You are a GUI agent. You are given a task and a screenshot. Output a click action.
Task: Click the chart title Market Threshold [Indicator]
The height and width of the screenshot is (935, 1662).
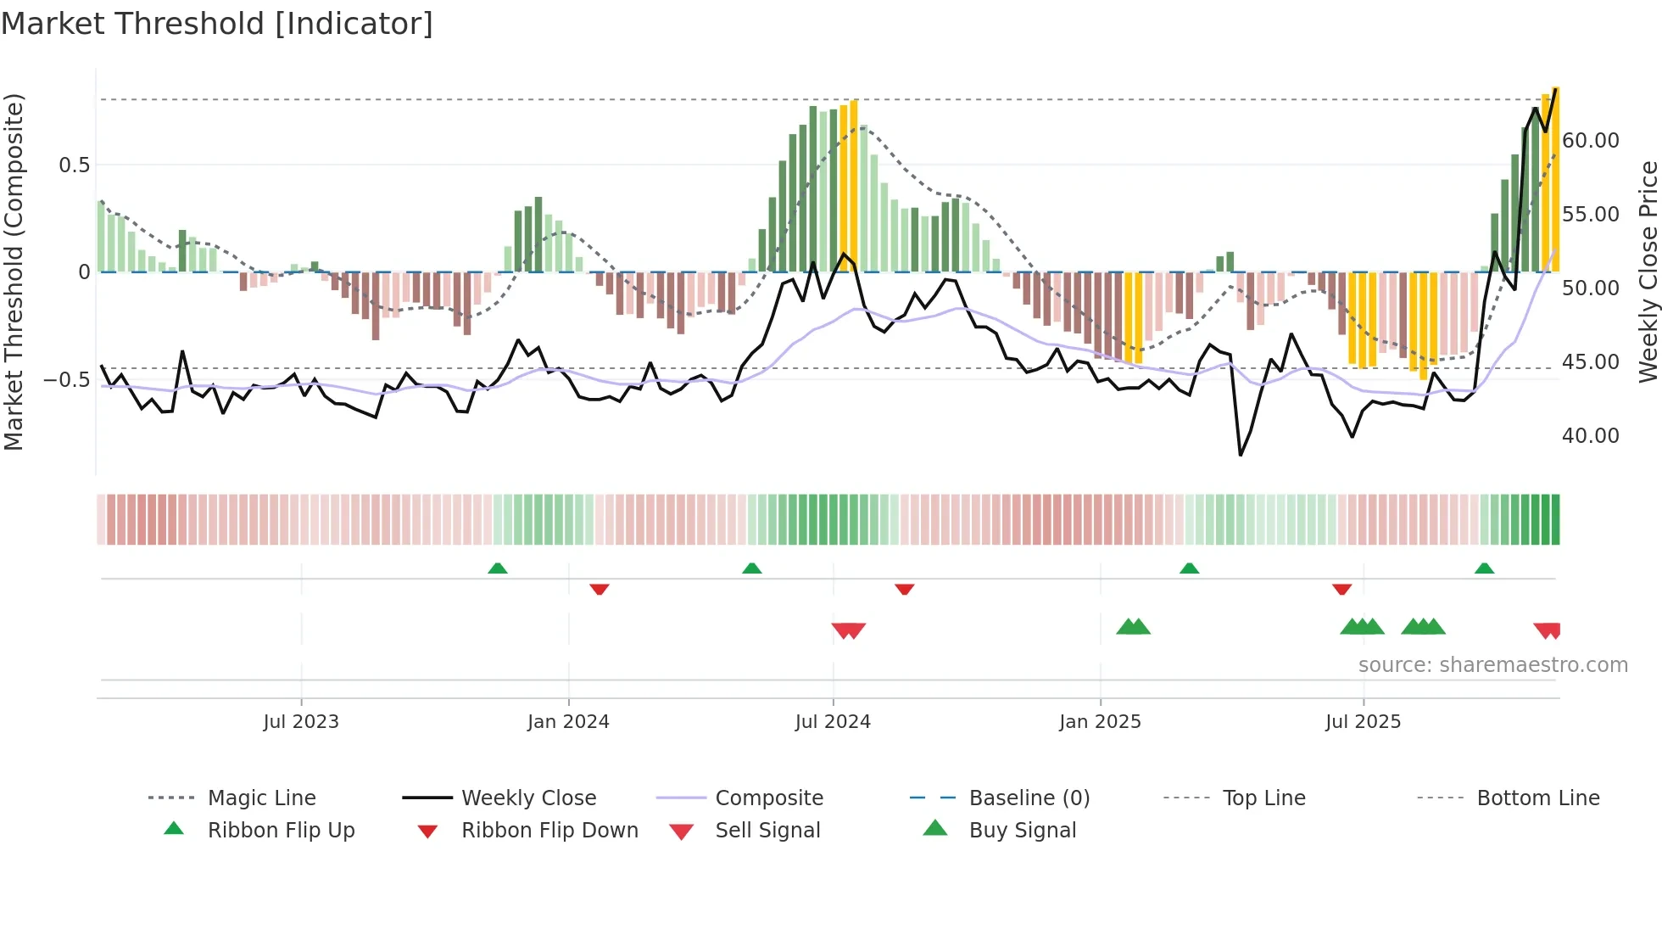tap(217, 24)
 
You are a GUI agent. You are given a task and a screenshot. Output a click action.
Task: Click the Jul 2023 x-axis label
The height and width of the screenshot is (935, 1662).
tap(301, 721)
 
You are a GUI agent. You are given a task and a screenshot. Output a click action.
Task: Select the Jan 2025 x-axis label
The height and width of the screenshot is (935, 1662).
tap(1100, 721)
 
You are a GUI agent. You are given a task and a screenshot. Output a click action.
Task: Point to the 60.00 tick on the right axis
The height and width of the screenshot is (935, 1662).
tap(1590, 140)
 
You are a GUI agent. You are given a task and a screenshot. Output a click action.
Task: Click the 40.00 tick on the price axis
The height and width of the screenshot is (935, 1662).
tap(1590, 435)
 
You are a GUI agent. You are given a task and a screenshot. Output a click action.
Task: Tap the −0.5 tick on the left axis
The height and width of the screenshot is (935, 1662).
tap(66, 379)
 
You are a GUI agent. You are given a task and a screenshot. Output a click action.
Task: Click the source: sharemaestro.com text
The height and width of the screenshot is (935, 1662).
tap(1492, 664)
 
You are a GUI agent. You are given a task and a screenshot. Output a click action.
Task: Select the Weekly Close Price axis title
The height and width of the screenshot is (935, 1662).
tap(1648, 272)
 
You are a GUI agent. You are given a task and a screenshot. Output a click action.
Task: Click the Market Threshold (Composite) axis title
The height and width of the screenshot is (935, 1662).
tap(14, 272)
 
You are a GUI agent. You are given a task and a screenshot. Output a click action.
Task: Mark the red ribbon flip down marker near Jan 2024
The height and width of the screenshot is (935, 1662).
tap(600, 589)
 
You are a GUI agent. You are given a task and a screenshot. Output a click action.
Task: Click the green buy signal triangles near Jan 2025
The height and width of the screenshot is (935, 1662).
tap(1133, 627)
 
